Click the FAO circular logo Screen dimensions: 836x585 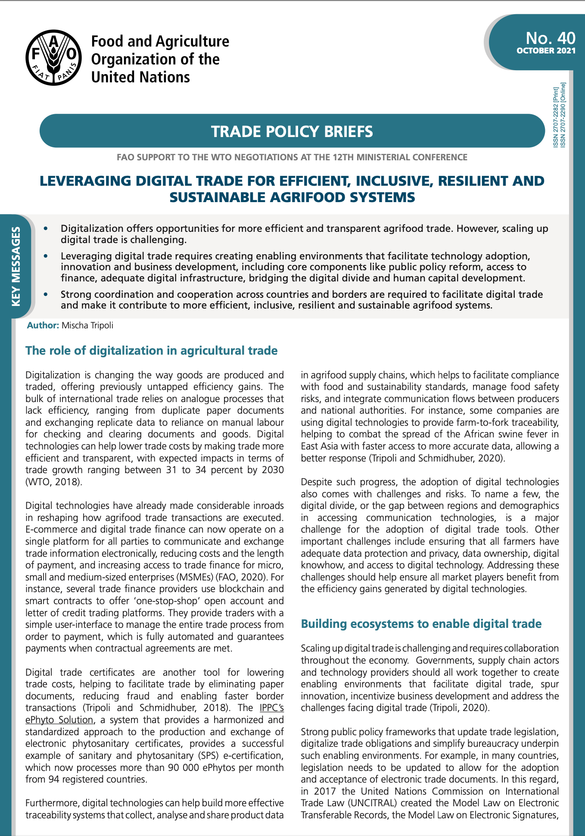click(x=53, y=57)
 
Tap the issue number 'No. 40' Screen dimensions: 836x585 click(x=550, y=38)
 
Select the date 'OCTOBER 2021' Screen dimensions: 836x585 click(x=546, y=51)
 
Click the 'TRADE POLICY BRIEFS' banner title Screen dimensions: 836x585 click(x=292, y=131)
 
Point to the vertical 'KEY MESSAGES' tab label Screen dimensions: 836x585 click(x=16, y=266)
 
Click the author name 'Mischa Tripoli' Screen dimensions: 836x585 click(x=87, y=325)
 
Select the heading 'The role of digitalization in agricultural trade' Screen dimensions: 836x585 click(x=151, y=350)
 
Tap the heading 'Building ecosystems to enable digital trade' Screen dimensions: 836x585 click(x=421, y=624)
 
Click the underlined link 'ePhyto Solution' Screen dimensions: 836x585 click(x=59, y=720)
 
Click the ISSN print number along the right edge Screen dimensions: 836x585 click(x=556, y=117)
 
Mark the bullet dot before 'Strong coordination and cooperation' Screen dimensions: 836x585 click(x=46, y=294)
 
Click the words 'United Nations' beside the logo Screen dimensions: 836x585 click(x=140, y=77)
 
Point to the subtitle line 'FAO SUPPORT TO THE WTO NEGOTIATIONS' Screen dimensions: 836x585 click(x=292, y=157)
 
